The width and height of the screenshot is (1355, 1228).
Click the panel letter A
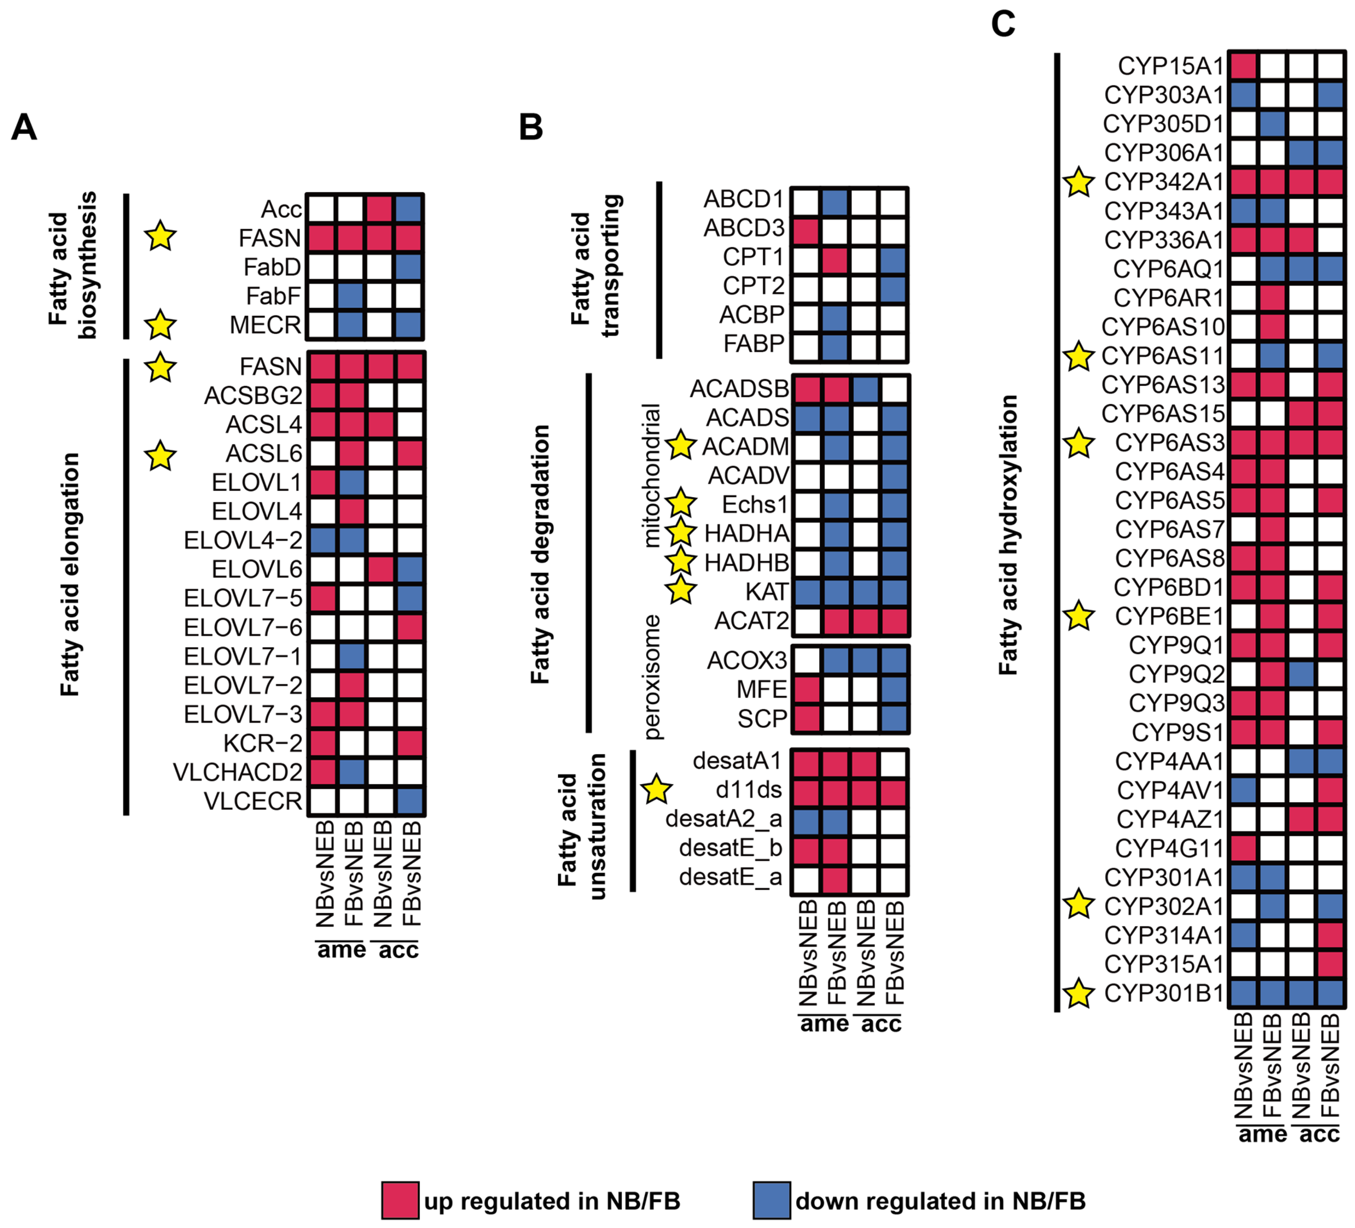point(24,126)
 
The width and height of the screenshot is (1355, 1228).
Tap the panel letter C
point(1003,24)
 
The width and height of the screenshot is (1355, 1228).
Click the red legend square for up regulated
point(400,1200)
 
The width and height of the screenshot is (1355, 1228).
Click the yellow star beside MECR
point(160,325)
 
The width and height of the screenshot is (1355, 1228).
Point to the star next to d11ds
point(656,789)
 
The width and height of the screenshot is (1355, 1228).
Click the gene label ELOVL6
point(257,569)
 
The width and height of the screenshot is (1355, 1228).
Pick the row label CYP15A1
point(1170,66)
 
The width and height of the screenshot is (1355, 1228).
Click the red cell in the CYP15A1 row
point(1243,66)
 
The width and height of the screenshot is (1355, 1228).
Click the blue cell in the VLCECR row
point(409,801)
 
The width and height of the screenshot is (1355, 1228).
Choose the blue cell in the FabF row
point(351,296)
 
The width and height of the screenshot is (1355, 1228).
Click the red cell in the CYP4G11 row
point(1243,848)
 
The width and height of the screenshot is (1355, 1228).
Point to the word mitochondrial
point(651,475)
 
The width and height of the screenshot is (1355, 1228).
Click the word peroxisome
point(651,677)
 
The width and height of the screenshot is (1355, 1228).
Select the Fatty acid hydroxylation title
point(1008,535)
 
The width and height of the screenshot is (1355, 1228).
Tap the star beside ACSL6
point(160,456)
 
